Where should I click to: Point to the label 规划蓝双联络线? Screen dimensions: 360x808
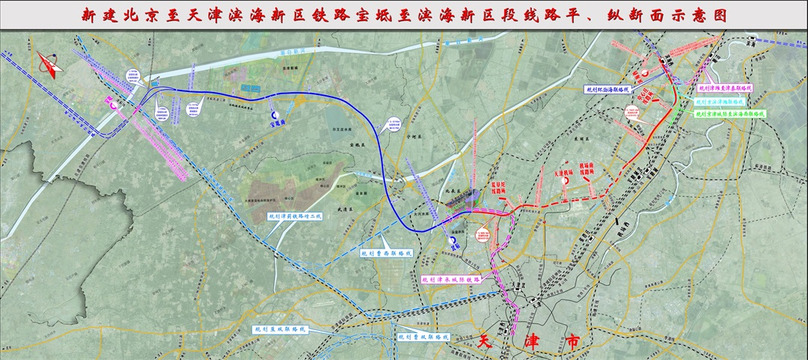280,329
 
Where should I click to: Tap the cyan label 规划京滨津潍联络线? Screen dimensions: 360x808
719,101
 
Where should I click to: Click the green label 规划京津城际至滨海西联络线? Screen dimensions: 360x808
731,114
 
